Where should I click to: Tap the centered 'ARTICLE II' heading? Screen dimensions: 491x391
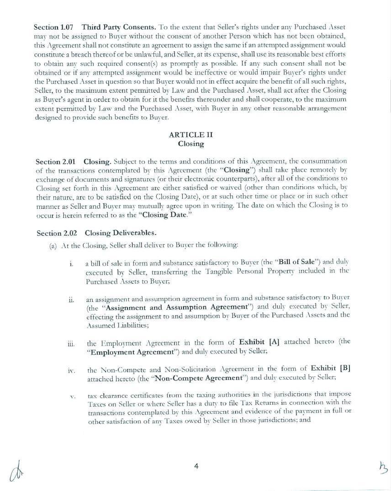click(190, 135)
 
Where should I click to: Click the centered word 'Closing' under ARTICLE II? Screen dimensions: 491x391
click(190, 143)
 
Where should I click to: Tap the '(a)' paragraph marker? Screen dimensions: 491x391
click(53, 245)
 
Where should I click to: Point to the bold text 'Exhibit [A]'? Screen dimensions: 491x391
click(259, 342)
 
